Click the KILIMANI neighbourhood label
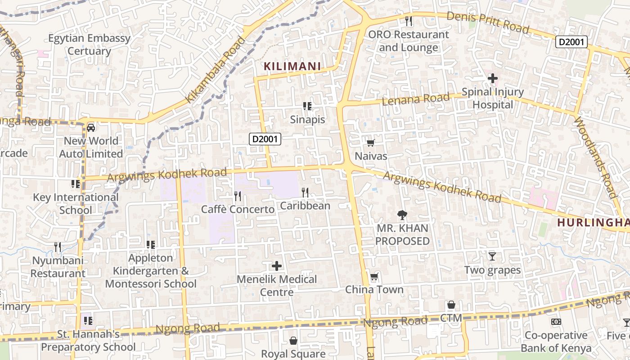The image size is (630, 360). tap(292, 67)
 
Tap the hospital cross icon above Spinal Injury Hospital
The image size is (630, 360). tap(493, 78)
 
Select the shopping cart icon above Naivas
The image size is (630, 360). tap(370, 143)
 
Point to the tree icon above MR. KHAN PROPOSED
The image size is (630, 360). tap(402, 215)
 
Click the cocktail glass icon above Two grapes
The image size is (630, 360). tap(492, 256)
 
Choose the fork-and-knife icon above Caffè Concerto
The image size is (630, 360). tap(238, 196)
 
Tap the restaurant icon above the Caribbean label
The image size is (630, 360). tap(305, 193)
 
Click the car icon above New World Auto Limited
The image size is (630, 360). tap(91, 127)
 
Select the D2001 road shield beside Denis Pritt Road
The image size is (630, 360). tap(571, 42)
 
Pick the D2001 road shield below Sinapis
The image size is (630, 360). tap(265, 139)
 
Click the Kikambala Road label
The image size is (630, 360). tap(216, 70)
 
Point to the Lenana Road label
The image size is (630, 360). tap(415, 99)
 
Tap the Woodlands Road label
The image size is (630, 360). tap(594, 157)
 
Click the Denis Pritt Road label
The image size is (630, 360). tap(488, 22)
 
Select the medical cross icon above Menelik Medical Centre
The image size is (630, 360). tap(277, 266)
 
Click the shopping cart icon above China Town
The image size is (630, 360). tap(374, 276)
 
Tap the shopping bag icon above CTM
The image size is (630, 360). tap(451, 305)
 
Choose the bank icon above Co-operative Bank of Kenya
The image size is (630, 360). tap(556, 322)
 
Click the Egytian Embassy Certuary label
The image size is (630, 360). tap(89, 45)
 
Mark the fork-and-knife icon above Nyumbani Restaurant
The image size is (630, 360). tap(58, 247)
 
